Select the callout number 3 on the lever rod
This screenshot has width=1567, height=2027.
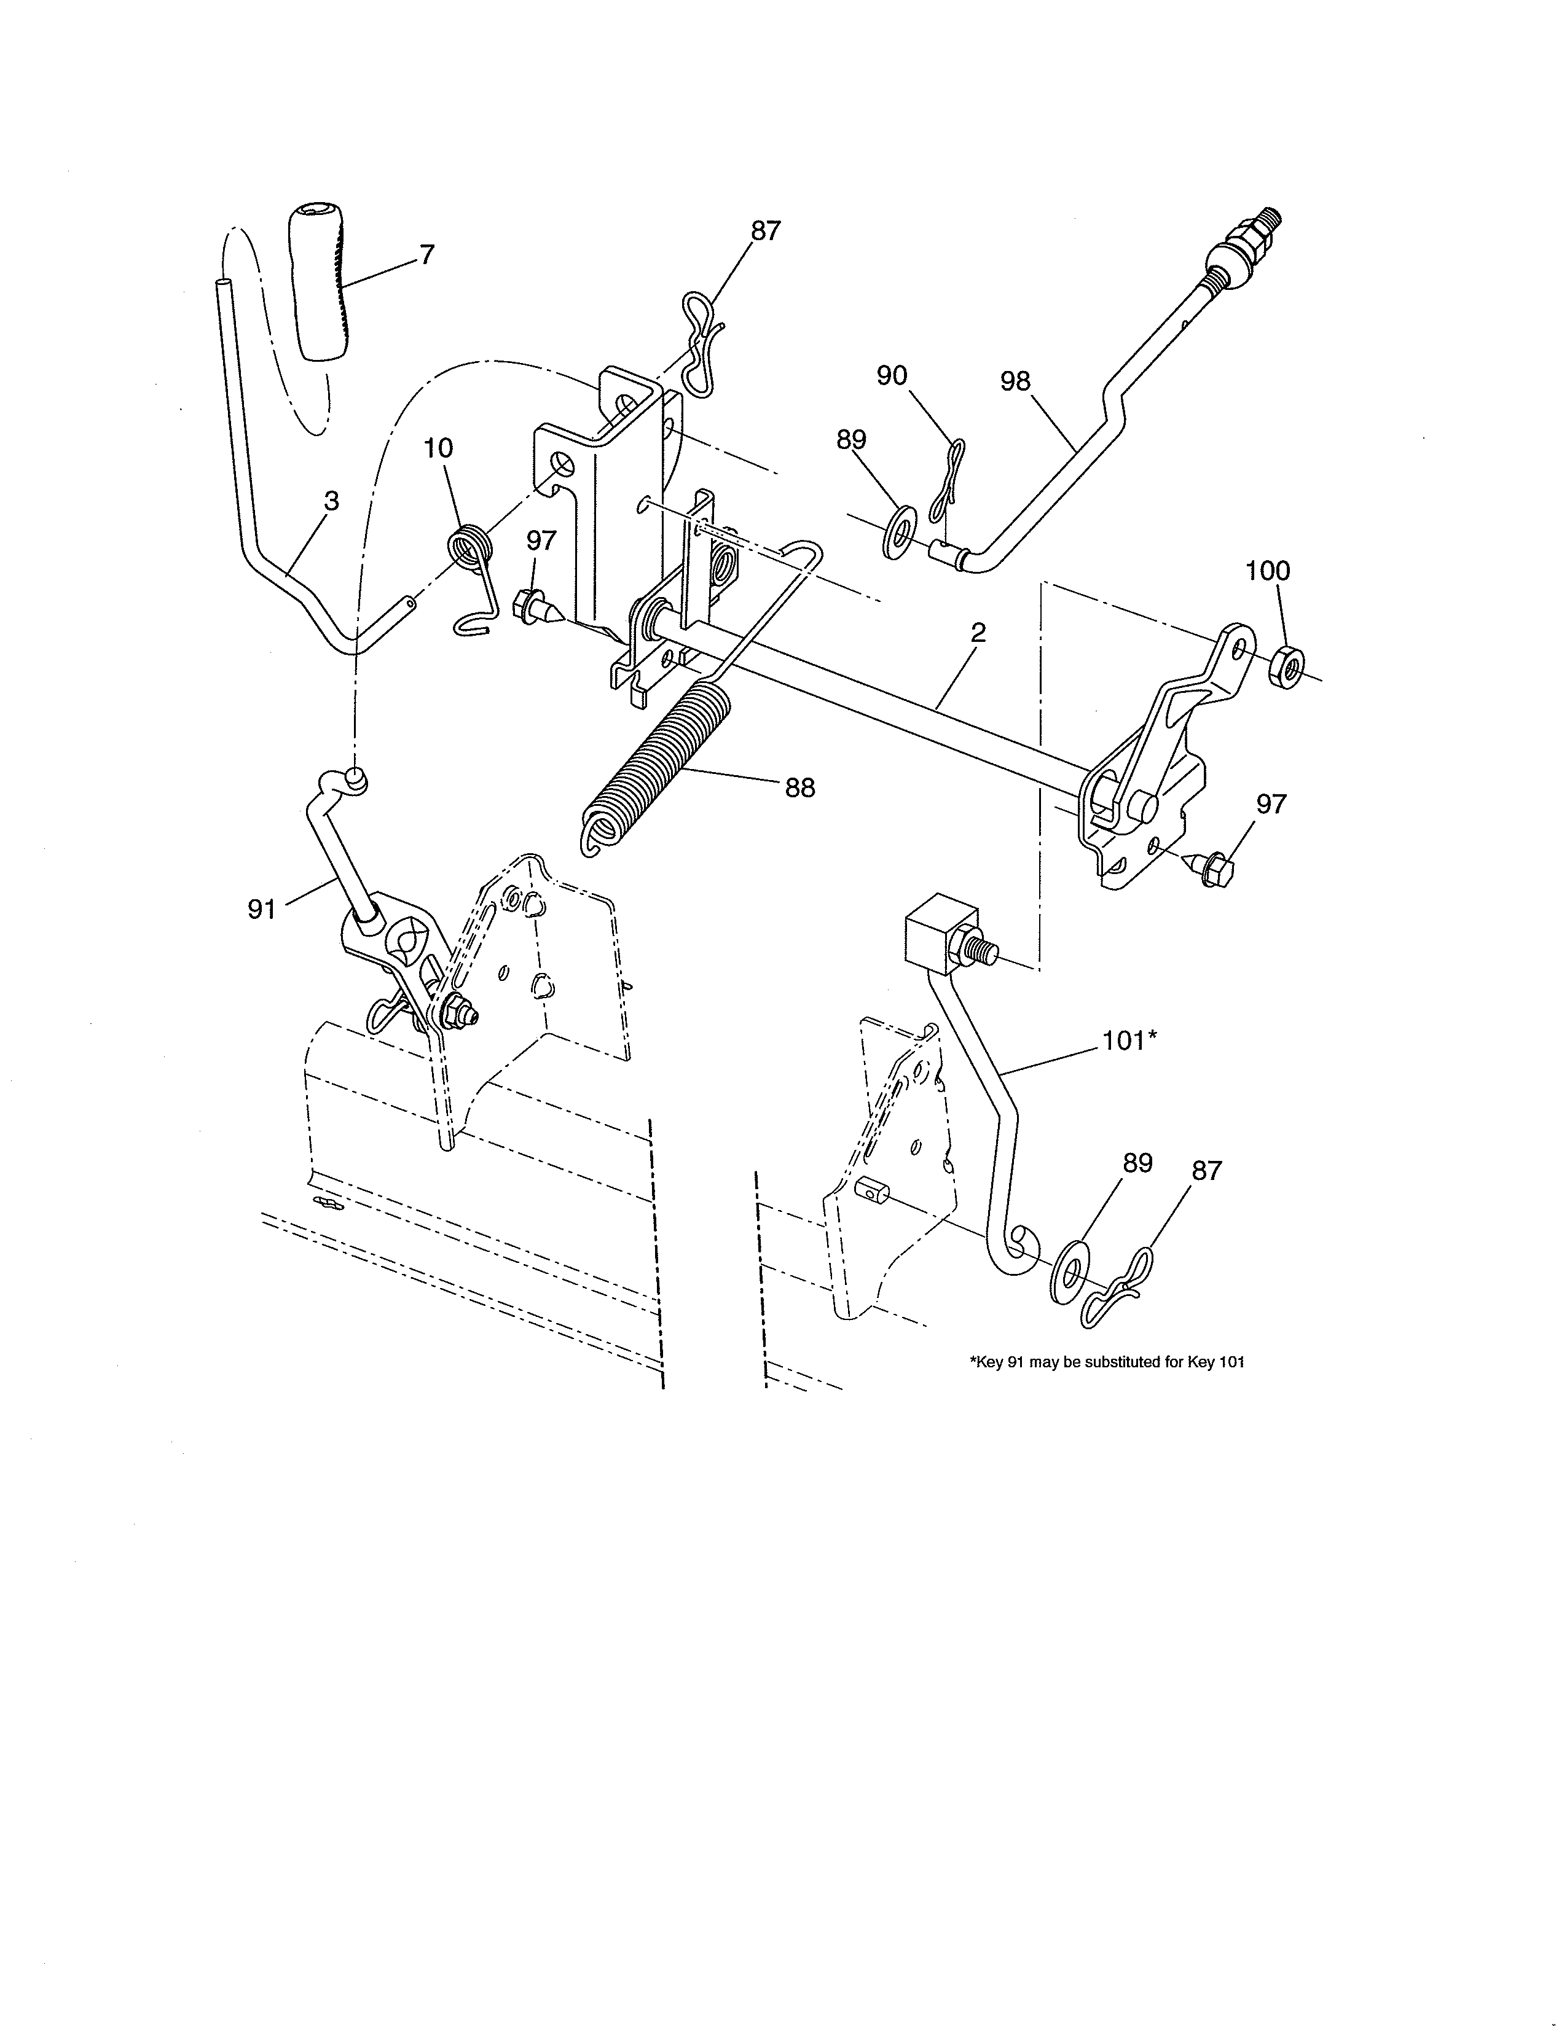331,502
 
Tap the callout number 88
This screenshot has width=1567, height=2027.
800,788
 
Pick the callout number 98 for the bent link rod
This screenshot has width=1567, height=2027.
1016,381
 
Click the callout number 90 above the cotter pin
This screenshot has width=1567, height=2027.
892,376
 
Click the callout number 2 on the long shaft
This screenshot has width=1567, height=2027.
978,634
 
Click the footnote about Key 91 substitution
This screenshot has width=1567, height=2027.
1107,1362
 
